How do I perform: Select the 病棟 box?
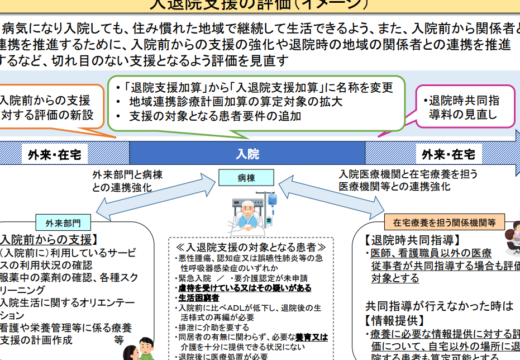tap(246, 178)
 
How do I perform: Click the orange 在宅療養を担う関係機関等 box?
tap(444, 222)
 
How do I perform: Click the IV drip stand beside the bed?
tap(272, 210)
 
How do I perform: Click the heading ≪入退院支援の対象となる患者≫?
tap(251, 247)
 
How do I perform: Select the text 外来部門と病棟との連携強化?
tap(127, 181)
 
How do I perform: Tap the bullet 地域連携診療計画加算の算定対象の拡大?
tap(236, 102)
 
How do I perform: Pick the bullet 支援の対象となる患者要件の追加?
tap(215, 116)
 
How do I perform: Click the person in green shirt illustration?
tap(146, 349)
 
